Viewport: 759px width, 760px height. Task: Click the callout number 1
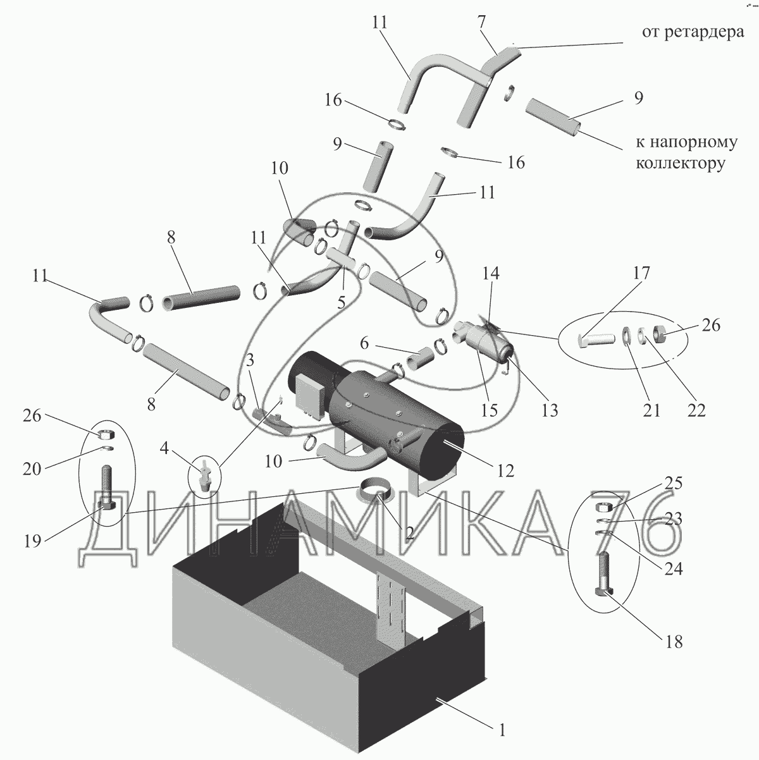click(502, 731)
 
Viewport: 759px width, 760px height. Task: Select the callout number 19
click(33, 541)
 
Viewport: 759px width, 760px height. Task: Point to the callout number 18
click(674, 642)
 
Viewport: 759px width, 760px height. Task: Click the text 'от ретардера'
click(693, 32)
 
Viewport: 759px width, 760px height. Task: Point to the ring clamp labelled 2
click(373, 490)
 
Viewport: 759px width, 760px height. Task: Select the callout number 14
click(491, 273)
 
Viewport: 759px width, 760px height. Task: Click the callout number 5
click(341, 302)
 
